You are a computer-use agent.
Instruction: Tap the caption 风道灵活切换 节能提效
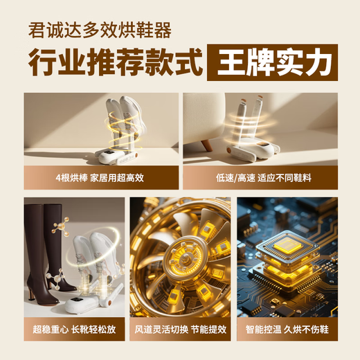(x=179, y=331)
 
